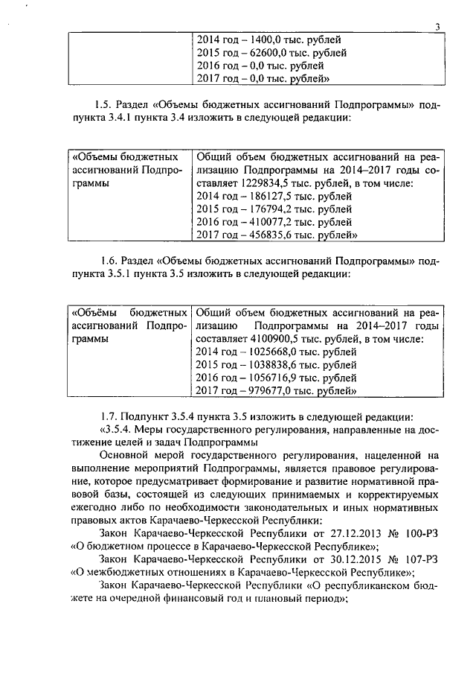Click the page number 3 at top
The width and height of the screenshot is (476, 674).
click(x=438, y=28)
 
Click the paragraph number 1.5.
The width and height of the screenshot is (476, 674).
click(x=103, y=104)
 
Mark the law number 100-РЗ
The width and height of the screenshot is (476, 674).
click(x=422, y=532)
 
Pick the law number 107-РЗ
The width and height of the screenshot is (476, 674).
click(x=422, y=559)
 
